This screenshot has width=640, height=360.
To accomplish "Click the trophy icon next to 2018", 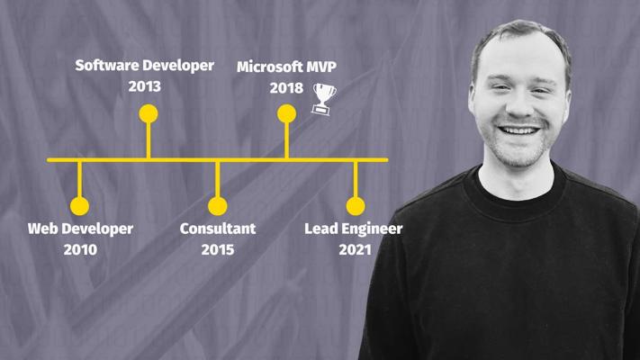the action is tap(324, 99).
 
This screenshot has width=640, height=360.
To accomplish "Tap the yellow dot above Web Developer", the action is tap(79, 206).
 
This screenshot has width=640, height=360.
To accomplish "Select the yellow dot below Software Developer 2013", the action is tap(149, 113).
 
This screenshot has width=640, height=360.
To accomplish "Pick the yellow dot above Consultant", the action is tap(218, 206).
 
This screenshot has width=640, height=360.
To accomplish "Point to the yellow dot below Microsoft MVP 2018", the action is tap(286, 113).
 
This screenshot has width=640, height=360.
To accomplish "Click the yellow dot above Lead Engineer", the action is tap(356, 206).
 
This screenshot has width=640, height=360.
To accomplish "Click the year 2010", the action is tap(80, 249).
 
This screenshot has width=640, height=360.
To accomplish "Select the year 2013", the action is tap(145, 86).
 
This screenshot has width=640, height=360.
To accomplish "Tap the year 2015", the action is tap(218, 249).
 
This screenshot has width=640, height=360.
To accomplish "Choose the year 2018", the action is tap(286, 88).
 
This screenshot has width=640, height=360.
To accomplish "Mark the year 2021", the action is tap(355, 249).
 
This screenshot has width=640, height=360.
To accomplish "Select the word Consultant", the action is tap(218, 229).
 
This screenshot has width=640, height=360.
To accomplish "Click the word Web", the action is tap(43, 229).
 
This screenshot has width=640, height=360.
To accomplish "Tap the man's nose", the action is tap(519, 107).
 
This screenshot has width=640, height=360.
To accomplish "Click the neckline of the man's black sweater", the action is tap(515, 212).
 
